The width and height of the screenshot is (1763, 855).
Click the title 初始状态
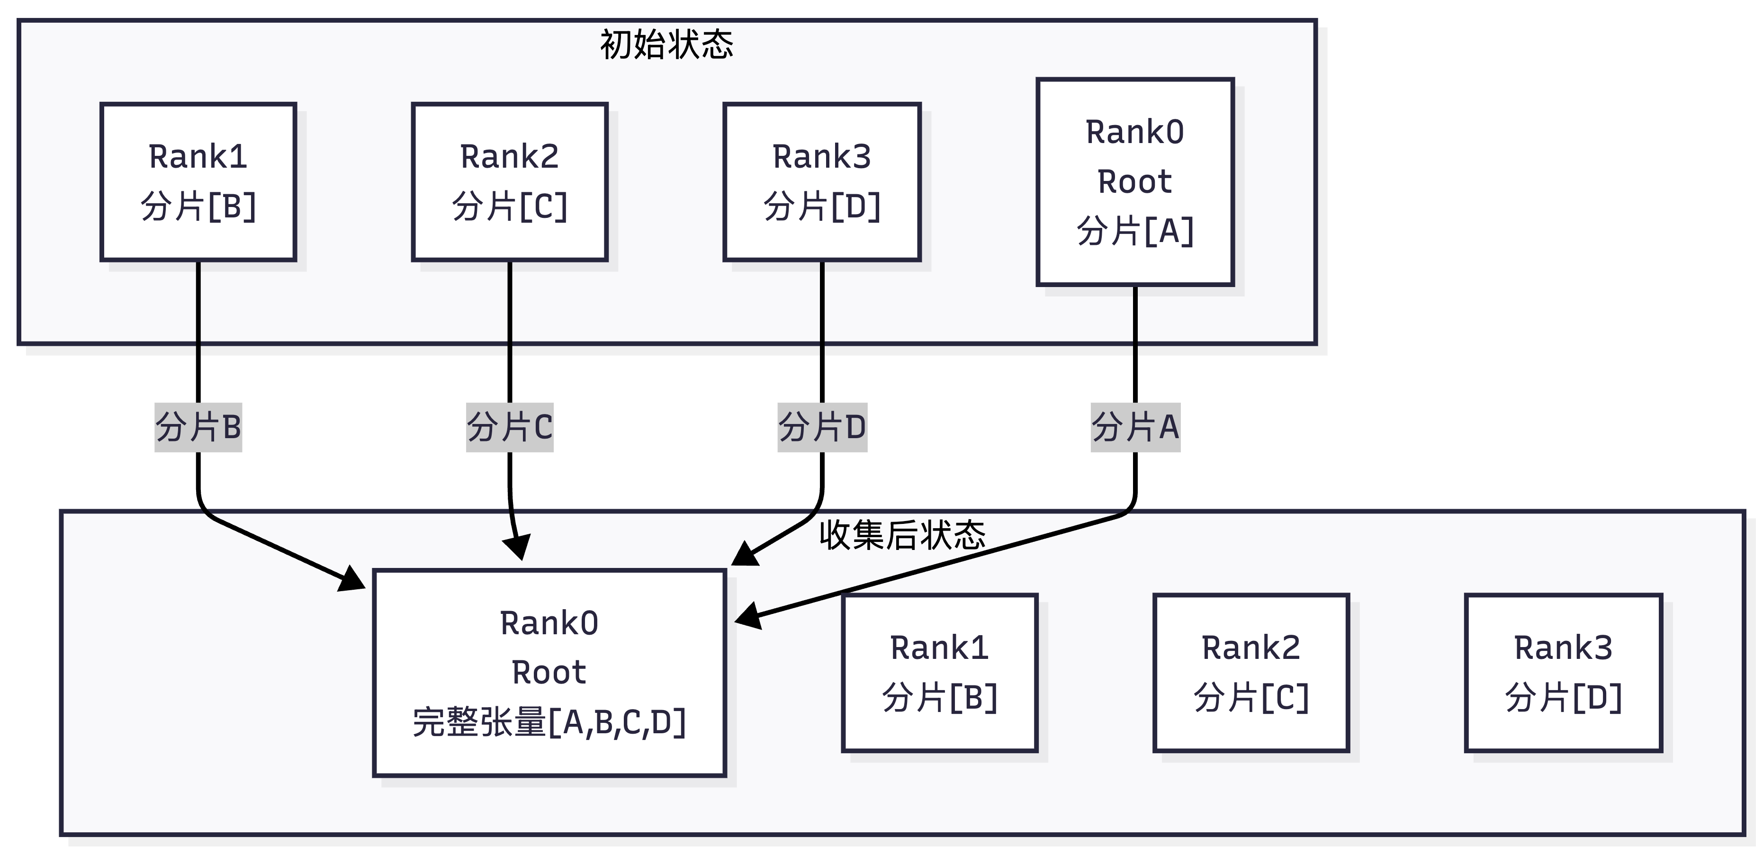666,45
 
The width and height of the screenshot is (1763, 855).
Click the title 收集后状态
902,535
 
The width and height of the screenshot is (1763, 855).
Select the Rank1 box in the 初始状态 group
198,182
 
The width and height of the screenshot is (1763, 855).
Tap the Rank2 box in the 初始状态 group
509,182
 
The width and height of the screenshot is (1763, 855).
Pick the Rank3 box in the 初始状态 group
821,182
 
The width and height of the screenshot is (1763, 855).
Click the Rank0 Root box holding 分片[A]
1135,182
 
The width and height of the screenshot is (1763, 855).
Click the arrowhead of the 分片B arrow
354,580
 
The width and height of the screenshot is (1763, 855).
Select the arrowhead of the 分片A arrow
748,616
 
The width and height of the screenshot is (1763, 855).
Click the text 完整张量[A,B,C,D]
549,722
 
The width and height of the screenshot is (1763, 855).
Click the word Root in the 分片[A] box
1135,182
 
